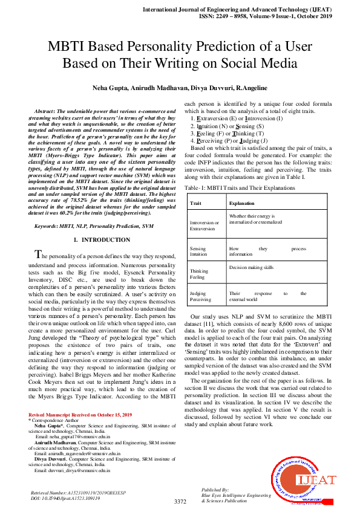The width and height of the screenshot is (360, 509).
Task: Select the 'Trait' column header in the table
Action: [x=195, y=204]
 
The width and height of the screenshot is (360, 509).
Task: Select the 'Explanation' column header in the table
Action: [x=241, y=204]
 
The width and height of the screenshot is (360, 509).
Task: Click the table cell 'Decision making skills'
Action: [x=251, y=267]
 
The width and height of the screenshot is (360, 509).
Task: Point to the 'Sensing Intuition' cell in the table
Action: [x=198, y=251]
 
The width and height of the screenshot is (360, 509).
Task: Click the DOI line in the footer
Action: [x=65, y=499]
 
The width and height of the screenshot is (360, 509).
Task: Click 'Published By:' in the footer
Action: [x=215, y=490]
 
